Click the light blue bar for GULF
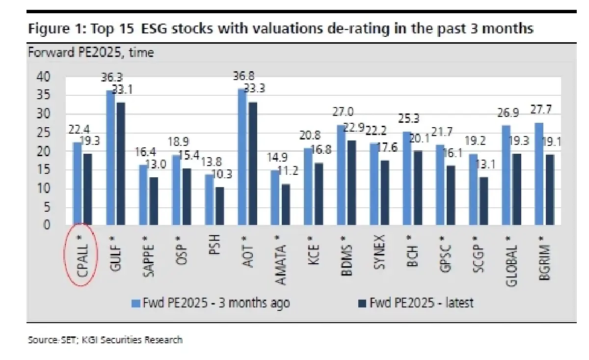pyautogui.click(x=110, y=158)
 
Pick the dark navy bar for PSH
pyautogui.click(x=220, y=206)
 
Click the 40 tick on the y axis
pyautogui.click(x=43, y=77)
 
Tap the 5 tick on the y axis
pyautogui.click(x=47, y=207)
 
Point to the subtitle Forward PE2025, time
pyautogui.click(x=91, y=52)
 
